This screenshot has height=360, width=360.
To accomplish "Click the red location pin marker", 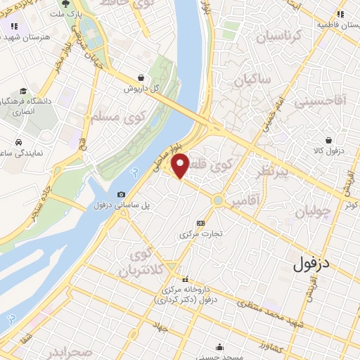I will click(x=180, y=165).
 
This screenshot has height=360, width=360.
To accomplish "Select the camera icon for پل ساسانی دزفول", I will click(x=122, y=195).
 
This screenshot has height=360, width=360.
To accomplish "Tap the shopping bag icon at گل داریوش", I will click(x=142, y=78).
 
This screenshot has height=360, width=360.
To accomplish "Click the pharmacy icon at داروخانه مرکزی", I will click(x=186, y=279).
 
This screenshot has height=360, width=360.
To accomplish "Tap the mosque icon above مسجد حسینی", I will click(x=221, y=346).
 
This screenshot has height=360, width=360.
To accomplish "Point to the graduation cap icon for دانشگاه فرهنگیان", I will click(x=24, y=91).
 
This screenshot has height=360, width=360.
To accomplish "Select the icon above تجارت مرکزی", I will click(x=201, y=223).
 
